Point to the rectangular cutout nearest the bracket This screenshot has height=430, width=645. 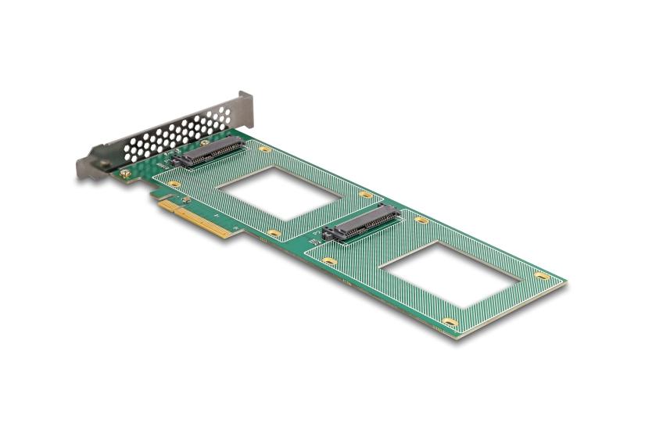(278, 194)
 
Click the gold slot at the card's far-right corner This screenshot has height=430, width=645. (542, 275)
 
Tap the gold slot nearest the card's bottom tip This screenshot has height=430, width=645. (449, 322)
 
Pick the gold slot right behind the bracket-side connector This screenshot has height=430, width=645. (265, 149)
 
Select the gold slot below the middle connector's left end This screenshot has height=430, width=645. (330, 260)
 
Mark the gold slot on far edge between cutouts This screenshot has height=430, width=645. (365, 194)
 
